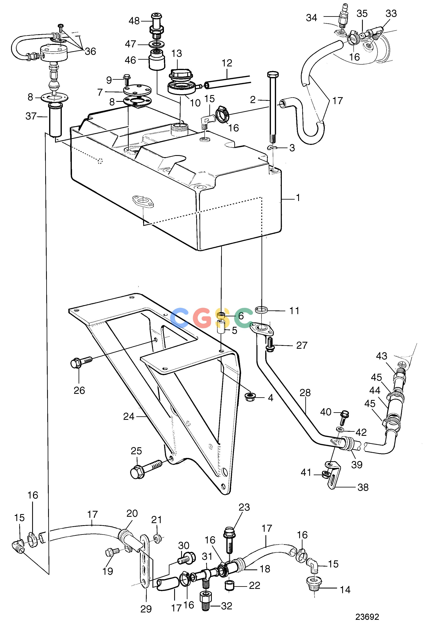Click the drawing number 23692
coord(367,617)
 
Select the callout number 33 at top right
coord(391,13)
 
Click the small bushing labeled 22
coord(229,586)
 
